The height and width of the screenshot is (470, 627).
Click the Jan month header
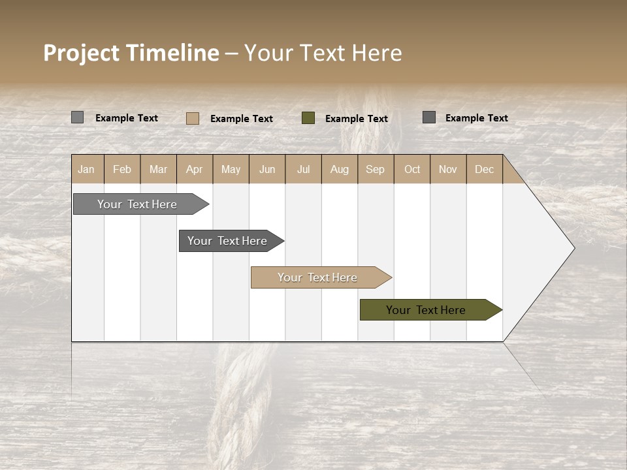[87, 169]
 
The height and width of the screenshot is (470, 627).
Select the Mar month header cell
[158, 169]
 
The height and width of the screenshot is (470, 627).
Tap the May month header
[231, 169]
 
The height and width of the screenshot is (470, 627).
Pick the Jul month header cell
[303, 169]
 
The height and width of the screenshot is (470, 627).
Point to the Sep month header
[375, 169]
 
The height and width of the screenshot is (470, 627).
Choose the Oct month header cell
[412, 169]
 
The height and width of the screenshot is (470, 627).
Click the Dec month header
[484, 169]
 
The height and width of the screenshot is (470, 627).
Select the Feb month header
[122, 169]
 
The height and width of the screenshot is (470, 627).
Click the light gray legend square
[78, 117]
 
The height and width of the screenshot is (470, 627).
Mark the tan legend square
[193, 118]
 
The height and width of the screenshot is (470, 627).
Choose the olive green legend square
[308, 118]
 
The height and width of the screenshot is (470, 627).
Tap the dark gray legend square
[429, 117]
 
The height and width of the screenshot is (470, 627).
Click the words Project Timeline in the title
[131, 53]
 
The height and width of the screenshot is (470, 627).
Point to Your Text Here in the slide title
[323, 53]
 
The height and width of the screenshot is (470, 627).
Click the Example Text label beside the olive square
[357, 119]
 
